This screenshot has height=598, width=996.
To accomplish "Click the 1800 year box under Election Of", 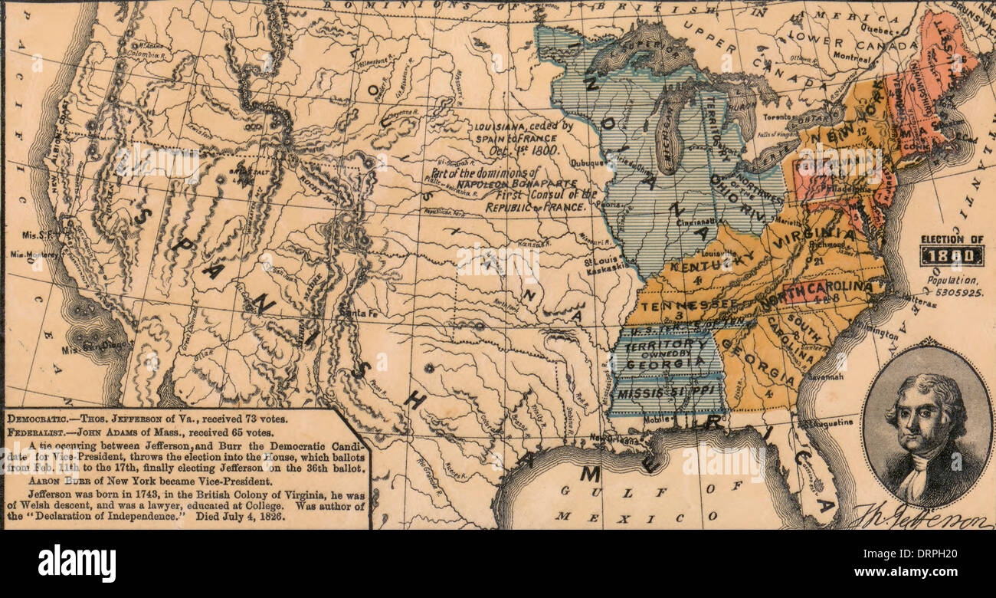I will click(952, 257).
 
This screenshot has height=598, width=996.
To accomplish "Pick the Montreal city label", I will click(850, 58).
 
